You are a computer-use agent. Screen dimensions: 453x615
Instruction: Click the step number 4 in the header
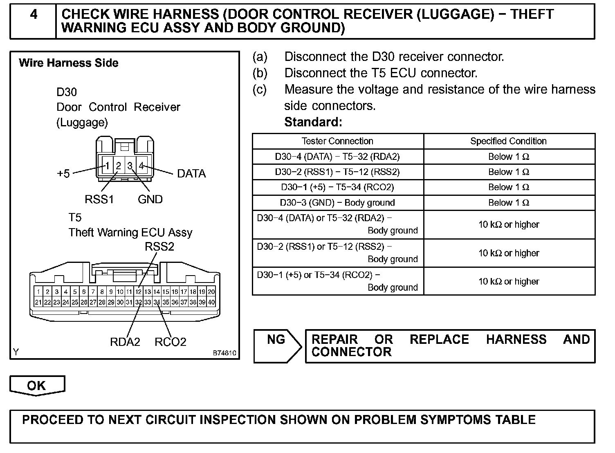pyautogui.click(x=34, y=15)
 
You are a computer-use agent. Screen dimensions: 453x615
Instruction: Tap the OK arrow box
pyautogui.click(x=37, y=386)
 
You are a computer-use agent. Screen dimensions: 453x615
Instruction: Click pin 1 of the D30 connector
pyautogui.click(x=107, y=166)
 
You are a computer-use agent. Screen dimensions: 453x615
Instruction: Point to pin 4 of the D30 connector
pyautogui.click(x=141, y=166)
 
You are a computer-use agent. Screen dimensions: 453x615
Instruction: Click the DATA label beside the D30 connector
pyautogui.click(x=191, y=174)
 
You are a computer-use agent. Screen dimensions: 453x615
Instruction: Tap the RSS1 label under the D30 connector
pyautogui.click(x=99, y=200)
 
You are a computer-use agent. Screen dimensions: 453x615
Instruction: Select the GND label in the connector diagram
pyautogui.click(x=150, y=200)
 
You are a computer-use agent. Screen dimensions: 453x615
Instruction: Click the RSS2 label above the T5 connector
pyautogui.click(x=159, y=247)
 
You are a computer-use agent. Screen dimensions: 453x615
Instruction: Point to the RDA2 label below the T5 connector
pyautogui.click(x=125, y=342)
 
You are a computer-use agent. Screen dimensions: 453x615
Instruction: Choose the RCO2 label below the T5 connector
pyautogui.click(x=171, y=342)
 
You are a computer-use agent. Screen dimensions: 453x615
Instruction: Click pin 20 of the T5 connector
pyautogui.click(x=211, y=292)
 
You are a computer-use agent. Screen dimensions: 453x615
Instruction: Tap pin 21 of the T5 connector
pyautogui.click(x=38, y=303)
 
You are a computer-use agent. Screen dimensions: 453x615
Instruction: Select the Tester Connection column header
pyautogui.click(x=337, y=141)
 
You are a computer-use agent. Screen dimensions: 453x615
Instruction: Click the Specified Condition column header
pyautogui.click(x=508, y=141)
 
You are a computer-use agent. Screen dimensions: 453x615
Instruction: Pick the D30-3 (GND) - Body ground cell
pyautogui.click(x=337, y=203)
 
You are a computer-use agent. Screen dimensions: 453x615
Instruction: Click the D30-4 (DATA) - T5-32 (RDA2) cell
pyautogui.click(x=337, y=157)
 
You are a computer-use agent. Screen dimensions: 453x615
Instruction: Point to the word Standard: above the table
pyautogui.click(x=313, y=122)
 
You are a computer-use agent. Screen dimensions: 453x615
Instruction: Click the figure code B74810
pyautogui.click(x=224, y=353)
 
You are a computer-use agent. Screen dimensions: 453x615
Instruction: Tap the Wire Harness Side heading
pyautogui.click(x=69, y=63)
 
